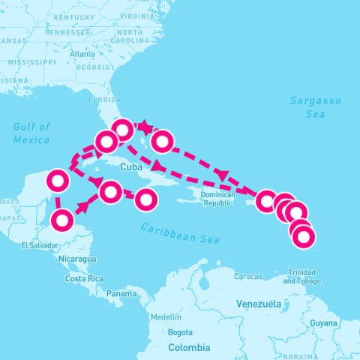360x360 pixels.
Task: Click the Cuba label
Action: [131, 166]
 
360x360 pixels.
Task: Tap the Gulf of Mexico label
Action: [31, 133]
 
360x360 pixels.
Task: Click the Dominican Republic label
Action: [219, 199]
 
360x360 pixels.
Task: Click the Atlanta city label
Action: [82, 54]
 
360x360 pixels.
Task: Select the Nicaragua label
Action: [78, 259]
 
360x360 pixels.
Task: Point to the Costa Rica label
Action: [84, 278]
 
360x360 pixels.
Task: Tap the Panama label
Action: [121, 293]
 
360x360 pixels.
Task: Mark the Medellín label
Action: [166, 316]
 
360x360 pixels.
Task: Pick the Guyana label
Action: [324, 322]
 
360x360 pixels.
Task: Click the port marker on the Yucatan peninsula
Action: [58, 181]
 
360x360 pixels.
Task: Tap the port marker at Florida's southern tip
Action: [122, 130]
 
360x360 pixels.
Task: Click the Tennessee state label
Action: [67, 32]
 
